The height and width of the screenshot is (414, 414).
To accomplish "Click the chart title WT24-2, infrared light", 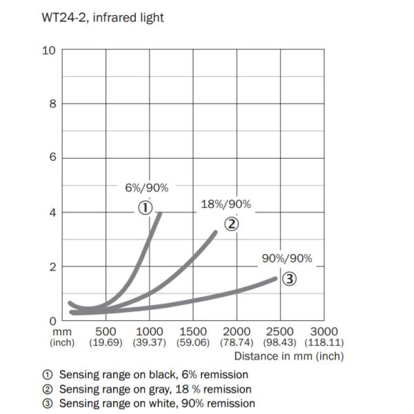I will pyautogui.click(x=103, y=17).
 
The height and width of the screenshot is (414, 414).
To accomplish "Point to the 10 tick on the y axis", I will pyautogui.click(x=50, y=50).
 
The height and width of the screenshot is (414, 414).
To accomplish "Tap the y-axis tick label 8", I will pyautogui.click(x=52, y=104).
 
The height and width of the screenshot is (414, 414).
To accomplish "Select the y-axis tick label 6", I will pyautogui.click(x=52, y=158).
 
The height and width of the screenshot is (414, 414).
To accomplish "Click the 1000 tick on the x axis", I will pyautogui.click(x=150, y=332).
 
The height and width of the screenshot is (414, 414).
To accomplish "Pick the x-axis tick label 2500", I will pyautogui.click(x=279, y=332).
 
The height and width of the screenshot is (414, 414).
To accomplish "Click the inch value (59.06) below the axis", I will pyautogui.click(x=193, y=343).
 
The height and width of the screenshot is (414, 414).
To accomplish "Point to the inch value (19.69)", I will pyautogui.click(x=106, y=343).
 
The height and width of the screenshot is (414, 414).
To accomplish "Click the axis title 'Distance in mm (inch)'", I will pyautogui.click(x=288, y=357).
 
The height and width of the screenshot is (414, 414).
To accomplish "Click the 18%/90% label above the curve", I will pyautogui.click(x=226, y=204).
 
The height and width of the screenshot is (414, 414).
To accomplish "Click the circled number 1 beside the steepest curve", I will pyautogui.click(x=145, y=207).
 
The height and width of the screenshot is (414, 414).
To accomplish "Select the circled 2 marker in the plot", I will pyautogui.click(x=232, y=224).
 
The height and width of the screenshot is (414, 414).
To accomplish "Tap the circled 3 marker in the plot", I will pyautogui.click(x=290, y=279).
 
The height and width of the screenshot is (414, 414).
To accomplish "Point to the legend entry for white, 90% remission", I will pyautogui.click(x=148, y=403).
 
